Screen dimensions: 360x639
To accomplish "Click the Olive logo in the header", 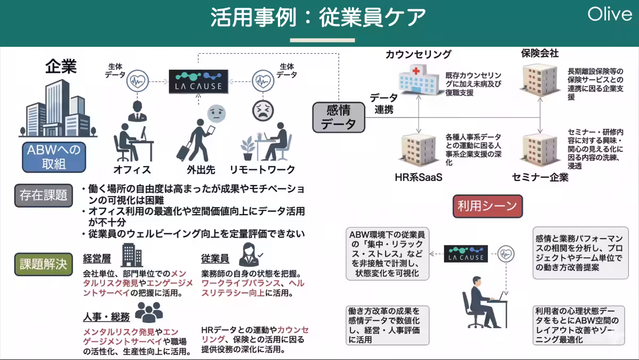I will (610, 14).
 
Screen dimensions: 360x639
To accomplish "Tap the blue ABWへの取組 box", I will (54, 157).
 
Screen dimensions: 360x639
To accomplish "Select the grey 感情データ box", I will (338, 117).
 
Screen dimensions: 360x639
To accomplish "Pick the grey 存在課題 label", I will (43, 195).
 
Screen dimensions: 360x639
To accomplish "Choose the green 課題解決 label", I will (43, 264).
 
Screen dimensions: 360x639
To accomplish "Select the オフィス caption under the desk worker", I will (132, 170).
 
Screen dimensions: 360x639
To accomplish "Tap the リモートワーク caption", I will (262, 170).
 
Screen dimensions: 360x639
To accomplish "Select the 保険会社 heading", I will (539, 53).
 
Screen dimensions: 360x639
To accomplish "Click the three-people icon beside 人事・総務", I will (148, 313).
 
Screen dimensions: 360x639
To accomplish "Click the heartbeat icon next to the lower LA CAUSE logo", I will (506, 254).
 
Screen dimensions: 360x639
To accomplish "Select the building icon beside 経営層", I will (132, 255).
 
